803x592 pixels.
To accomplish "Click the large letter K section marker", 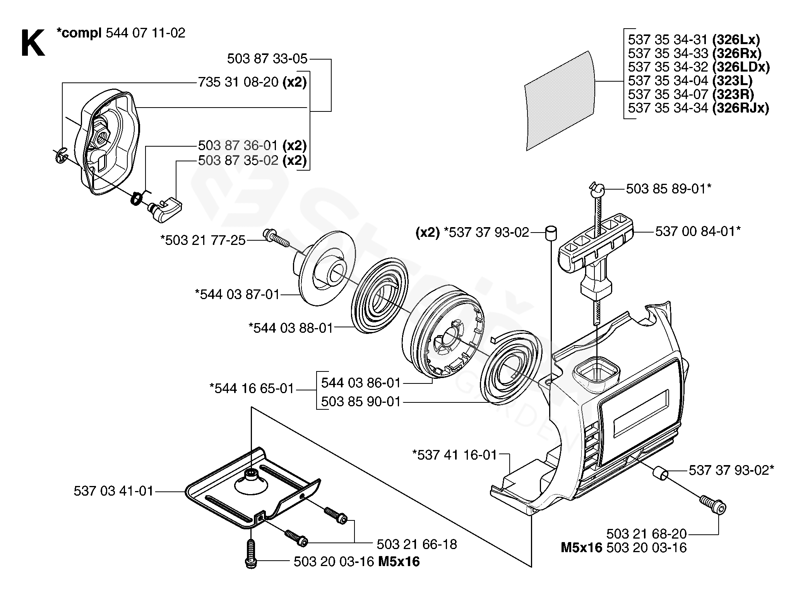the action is [33, 44].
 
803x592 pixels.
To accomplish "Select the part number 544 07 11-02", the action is [146, 33].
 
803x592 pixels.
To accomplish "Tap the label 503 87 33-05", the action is [267, 59].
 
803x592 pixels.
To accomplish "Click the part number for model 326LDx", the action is [668, 67].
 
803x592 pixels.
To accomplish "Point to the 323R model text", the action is [733, 94].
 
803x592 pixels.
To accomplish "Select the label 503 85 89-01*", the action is [669, 189].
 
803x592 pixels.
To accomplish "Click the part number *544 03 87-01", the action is [237, 294].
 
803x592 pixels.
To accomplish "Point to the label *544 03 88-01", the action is [291, 328].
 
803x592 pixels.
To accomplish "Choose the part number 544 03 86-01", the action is [361, 383].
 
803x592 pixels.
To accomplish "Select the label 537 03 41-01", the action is [114, 491].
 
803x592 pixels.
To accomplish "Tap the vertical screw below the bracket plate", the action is [251, 553].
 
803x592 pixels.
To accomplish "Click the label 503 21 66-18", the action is [417, 544].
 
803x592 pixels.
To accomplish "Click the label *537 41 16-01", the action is [455, 455].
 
